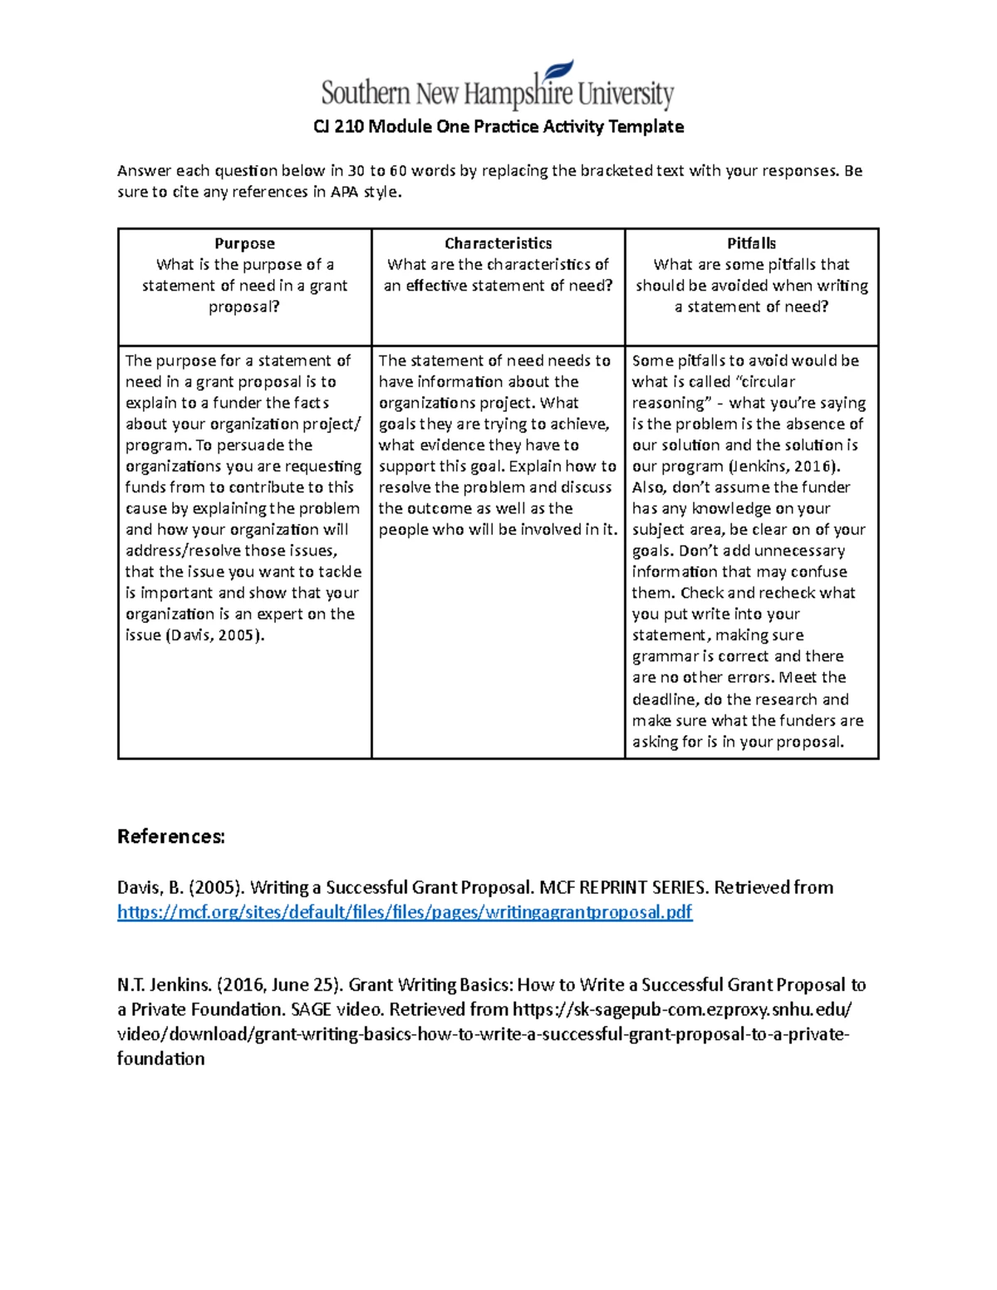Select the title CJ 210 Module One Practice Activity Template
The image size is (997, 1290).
click(x=498, y=126)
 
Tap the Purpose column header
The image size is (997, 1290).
click(x=244, y=243)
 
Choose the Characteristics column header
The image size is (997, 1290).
click(x=498, y=243)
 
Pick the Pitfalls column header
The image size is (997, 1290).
click(x=751, y=243)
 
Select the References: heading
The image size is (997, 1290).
click(x=171, y=836)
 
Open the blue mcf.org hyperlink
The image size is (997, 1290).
click(x=405, y=912)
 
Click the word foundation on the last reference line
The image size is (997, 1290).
click(x=160, y=1058)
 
